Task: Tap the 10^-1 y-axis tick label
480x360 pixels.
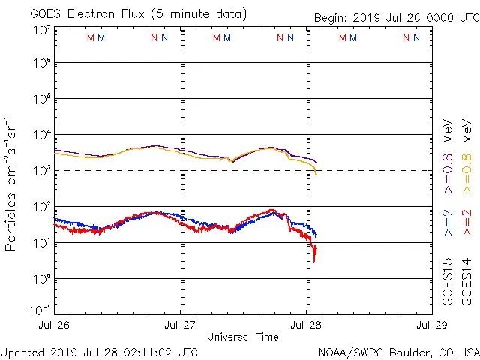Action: pos(39,310)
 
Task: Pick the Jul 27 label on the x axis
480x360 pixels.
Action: pos(180,325)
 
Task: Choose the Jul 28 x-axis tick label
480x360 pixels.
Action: pos(306,325)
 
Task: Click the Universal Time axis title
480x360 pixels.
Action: pos(243,337)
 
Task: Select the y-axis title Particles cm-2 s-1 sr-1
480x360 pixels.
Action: pos(11,184)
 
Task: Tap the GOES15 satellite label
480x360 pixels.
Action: pos(448,280)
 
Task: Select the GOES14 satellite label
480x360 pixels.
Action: pos(466,280)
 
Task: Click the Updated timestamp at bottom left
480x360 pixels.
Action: pos(100,351)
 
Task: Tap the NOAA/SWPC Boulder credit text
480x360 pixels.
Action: pos(398,351)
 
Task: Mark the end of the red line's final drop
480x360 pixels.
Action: pos(315,259)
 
